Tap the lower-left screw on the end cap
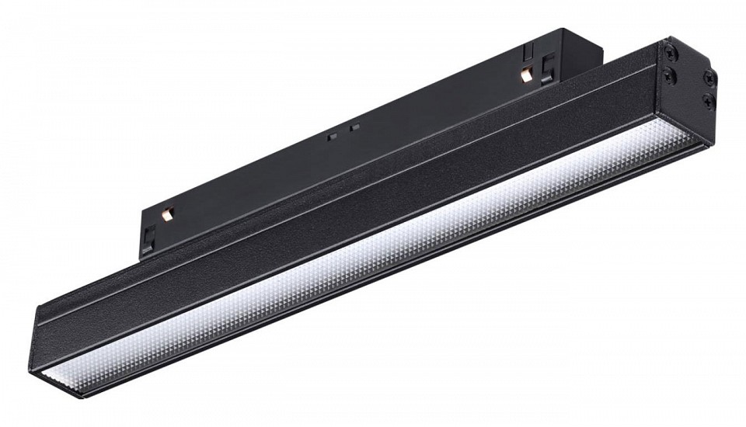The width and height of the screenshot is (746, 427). click(x=667, y=71)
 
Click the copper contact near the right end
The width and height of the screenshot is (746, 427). click(x=525, y=75)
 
